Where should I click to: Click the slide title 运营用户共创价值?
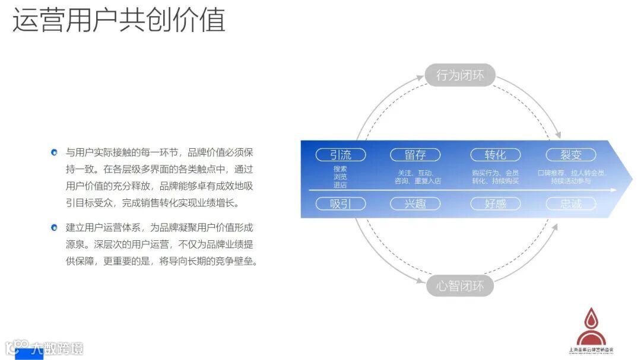tap(119, 20)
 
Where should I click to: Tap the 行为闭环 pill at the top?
tap(460, 75)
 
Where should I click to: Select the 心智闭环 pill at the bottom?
tap(460, 286)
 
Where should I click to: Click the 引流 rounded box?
tap(340, 155)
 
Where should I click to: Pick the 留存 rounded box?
tap(415, 155)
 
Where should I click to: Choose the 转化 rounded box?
tap(495, 155)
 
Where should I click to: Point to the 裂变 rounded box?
tap(571, 155)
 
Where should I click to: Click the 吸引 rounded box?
tap(340, 204)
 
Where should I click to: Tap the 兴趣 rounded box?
tap(415, 204)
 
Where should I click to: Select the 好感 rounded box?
tap(495, 204)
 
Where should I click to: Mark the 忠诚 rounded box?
tap(571, 204)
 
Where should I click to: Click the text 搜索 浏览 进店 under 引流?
tap(340, 177)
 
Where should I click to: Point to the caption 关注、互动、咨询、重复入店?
tap(418, 177)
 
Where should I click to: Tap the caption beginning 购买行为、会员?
tap(496, 177)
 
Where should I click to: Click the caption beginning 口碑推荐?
tap(571, 177)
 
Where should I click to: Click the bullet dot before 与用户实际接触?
tap(54, 152)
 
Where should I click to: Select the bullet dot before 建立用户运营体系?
tap(54, 227)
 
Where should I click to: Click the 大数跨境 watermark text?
tap(57, 348)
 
